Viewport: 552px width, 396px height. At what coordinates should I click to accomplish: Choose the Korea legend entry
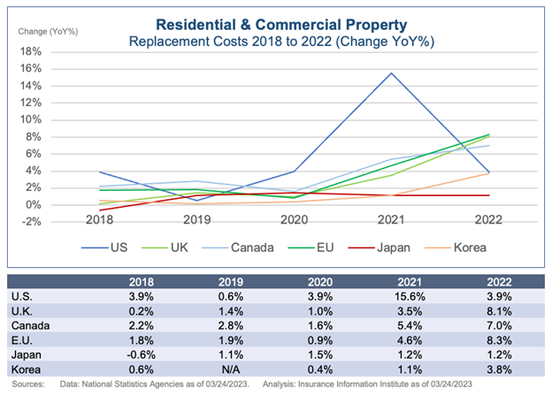[465, 249]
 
